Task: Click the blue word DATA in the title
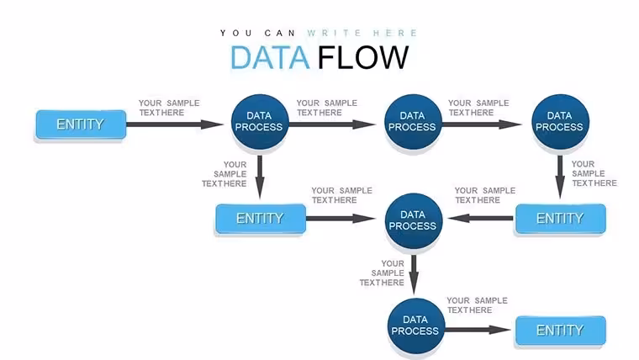point(270,57)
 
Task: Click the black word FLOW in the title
point(362,57)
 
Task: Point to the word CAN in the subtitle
point(279,33)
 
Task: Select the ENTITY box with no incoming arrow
point(81,124)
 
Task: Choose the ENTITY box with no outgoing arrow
point(560,331)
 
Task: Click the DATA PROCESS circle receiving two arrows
point(413,220)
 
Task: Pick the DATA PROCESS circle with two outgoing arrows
point(260,121)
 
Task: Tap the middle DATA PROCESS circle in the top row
point(413,121)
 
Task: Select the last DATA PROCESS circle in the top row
point(560,121)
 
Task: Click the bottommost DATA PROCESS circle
point(415,326)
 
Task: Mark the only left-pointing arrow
point(480,219)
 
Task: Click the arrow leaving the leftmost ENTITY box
point(174,124)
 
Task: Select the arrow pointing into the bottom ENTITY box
point(478,330)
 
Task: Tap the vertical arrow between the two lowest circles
point(414,274)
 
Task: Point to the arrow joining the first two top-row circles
point(332,124)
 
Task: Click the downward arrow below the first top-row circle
point(260,177)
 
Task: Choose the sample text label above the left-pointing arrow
point(485,195)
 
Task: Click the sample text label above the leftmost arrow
point(169,108)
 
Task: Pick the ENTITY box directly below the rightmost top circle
point(560,219)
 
